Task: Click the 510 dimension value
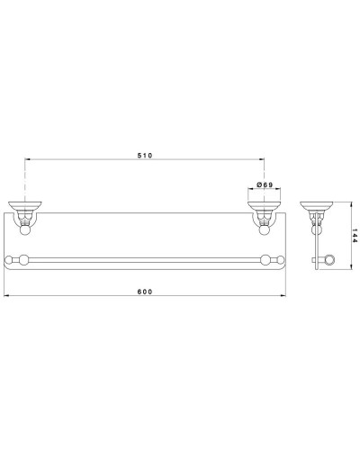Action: pos(145,156)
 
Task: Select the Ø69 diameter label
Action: pos(265,184)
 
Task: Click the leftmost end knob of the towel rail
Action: pos(11,261)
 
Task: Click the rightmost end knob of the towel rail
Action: pos(280,261)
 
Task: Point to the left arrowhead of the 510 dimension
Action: pos(28,161)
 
